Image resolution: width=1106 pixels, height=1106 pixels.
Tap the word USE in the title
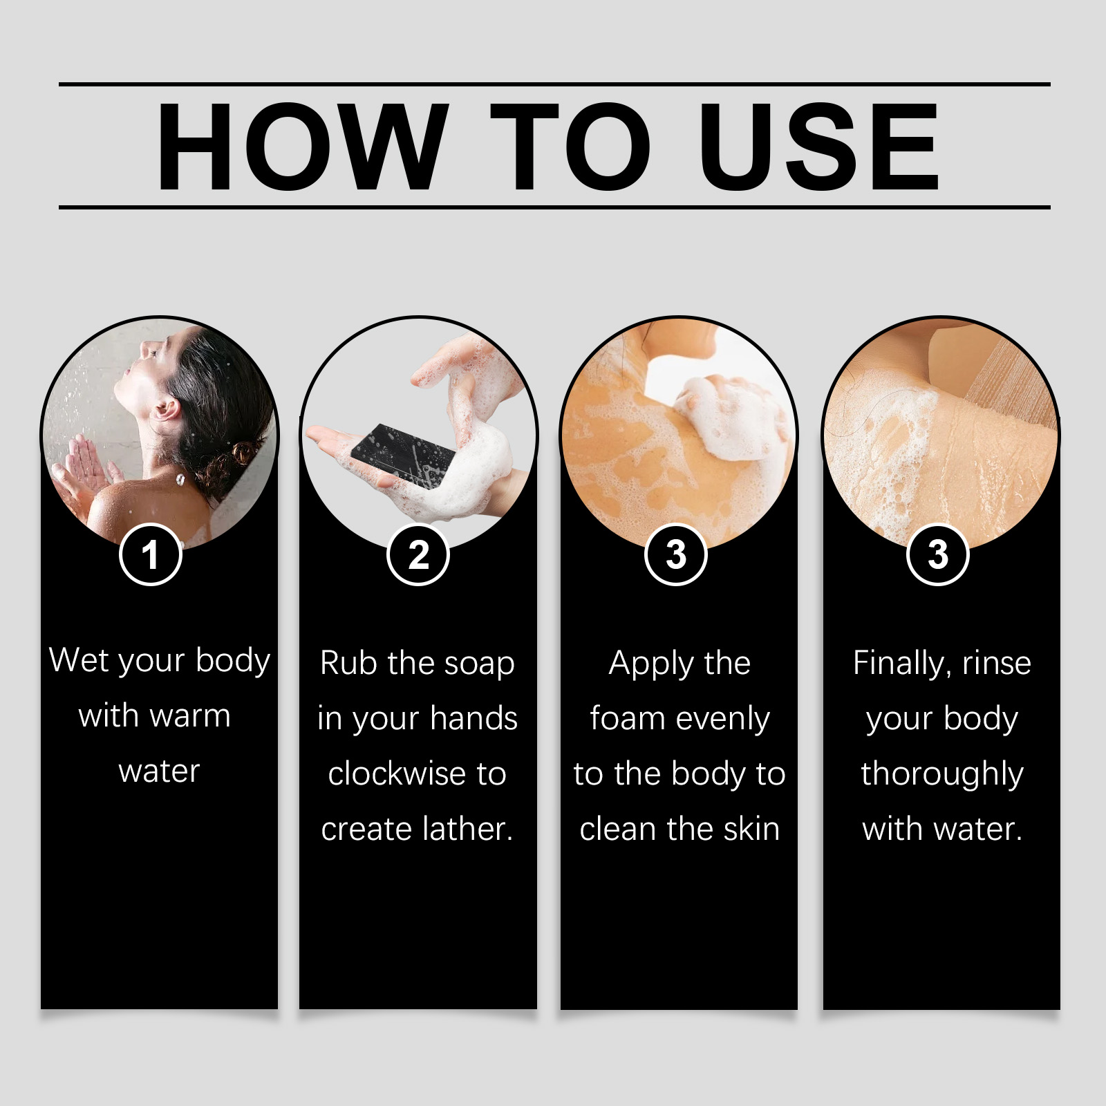click(x=818, y=147)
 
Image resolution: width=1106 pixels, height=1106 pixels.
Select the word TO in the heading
click(x=570, y=147)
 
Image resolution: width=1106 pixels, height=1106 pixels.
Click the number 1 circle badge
click(x=151, y=554)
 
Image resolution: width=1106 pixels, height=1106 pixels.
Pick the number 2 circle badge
click(x=418, y=554)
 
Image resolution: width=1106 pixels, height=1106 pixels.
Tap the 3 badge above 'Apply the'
click(x=675, y=554)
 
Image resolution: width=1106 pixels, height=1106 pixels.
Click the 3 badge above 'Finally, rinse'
click(x=937, y=554)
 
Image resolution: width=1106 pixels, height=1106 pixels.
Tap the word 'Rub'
click(x=350, y=663)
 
